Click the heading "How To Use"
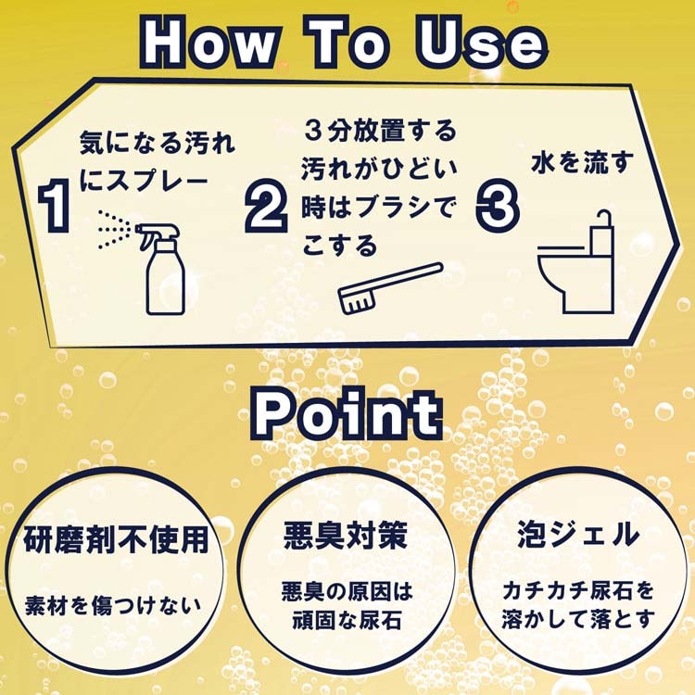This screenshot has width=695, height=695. click(344, 43)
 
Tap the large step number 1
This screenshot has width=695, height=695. click(55, 206)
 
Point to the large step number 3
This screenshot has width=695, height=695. click(498, 206)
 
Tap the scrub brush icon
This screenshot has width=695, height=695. click(390, 288)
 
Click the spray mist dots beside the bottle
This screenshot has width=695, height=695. click(114, 229)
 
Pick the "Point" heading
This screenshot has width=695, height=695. click(347, 413)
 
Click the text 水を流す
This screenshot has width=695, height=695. click(583, 163)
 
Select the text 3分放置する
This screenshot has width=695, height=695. click(381, 132)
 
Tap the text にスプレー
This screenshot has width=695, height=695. click(144, 181)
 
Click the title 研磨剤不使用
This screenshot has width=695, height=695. click(116, 540)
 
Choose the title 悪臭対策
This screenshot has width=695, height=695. click(346, 536)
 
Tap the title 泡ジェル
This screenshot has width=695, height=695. click(578, 534)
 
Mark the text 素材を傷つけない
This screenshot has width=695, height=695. click(113, 606)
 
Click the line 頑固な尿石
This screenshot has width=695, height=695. click(347, 620)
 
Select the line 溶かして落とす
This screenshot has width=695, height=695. click(578, 619)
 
